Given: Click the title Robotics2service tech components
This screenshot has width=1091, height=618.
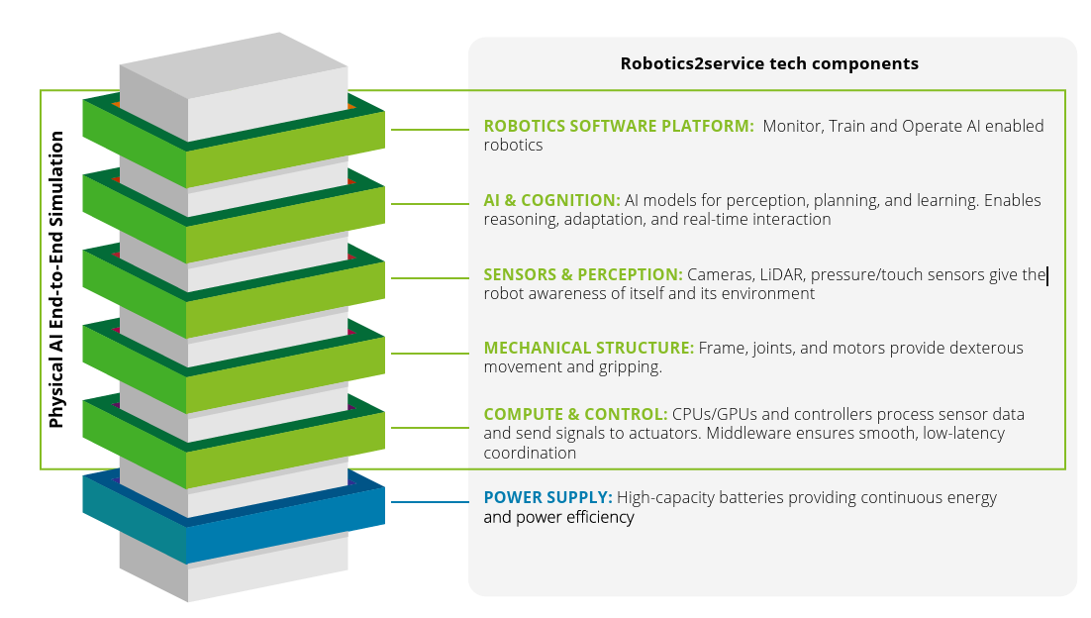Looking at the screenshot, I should coord(769,64).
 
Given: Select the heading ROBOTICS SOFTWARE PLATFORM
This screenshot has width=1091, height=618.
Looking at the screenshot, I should coord(619,126).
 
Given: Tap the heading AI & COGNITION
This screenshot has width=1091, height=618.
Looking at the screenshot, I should coord(551,200).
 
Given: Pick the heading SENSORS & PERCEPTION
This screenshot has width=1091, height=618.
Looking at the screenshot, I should coord(583,274).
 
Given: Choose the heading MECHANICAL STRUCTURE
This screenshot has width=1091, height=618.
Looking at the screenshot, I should coord(588,348).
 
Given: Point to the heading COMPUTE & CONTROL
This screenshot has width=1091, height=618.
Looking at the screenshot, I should coord(575,414).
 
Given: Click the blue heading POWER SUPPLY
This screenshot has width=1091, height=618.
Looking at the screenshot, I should coord(547,497).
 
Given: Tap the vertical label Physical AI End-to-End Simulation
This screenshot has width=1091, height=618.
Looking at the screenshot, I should coord(56,279).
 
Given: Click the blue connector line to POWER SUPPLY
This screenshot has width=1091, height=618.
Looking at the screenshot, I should coord(431,502).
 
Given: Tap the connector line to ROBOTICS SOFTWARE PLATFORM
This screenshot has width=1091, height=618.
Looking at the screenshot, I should coord(431,130).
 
